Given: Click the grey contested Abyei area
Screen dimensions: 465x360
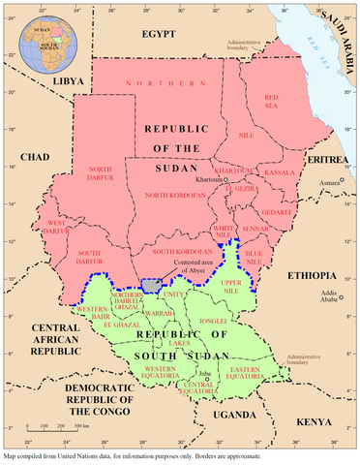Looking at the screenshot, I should click(150, 286).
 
